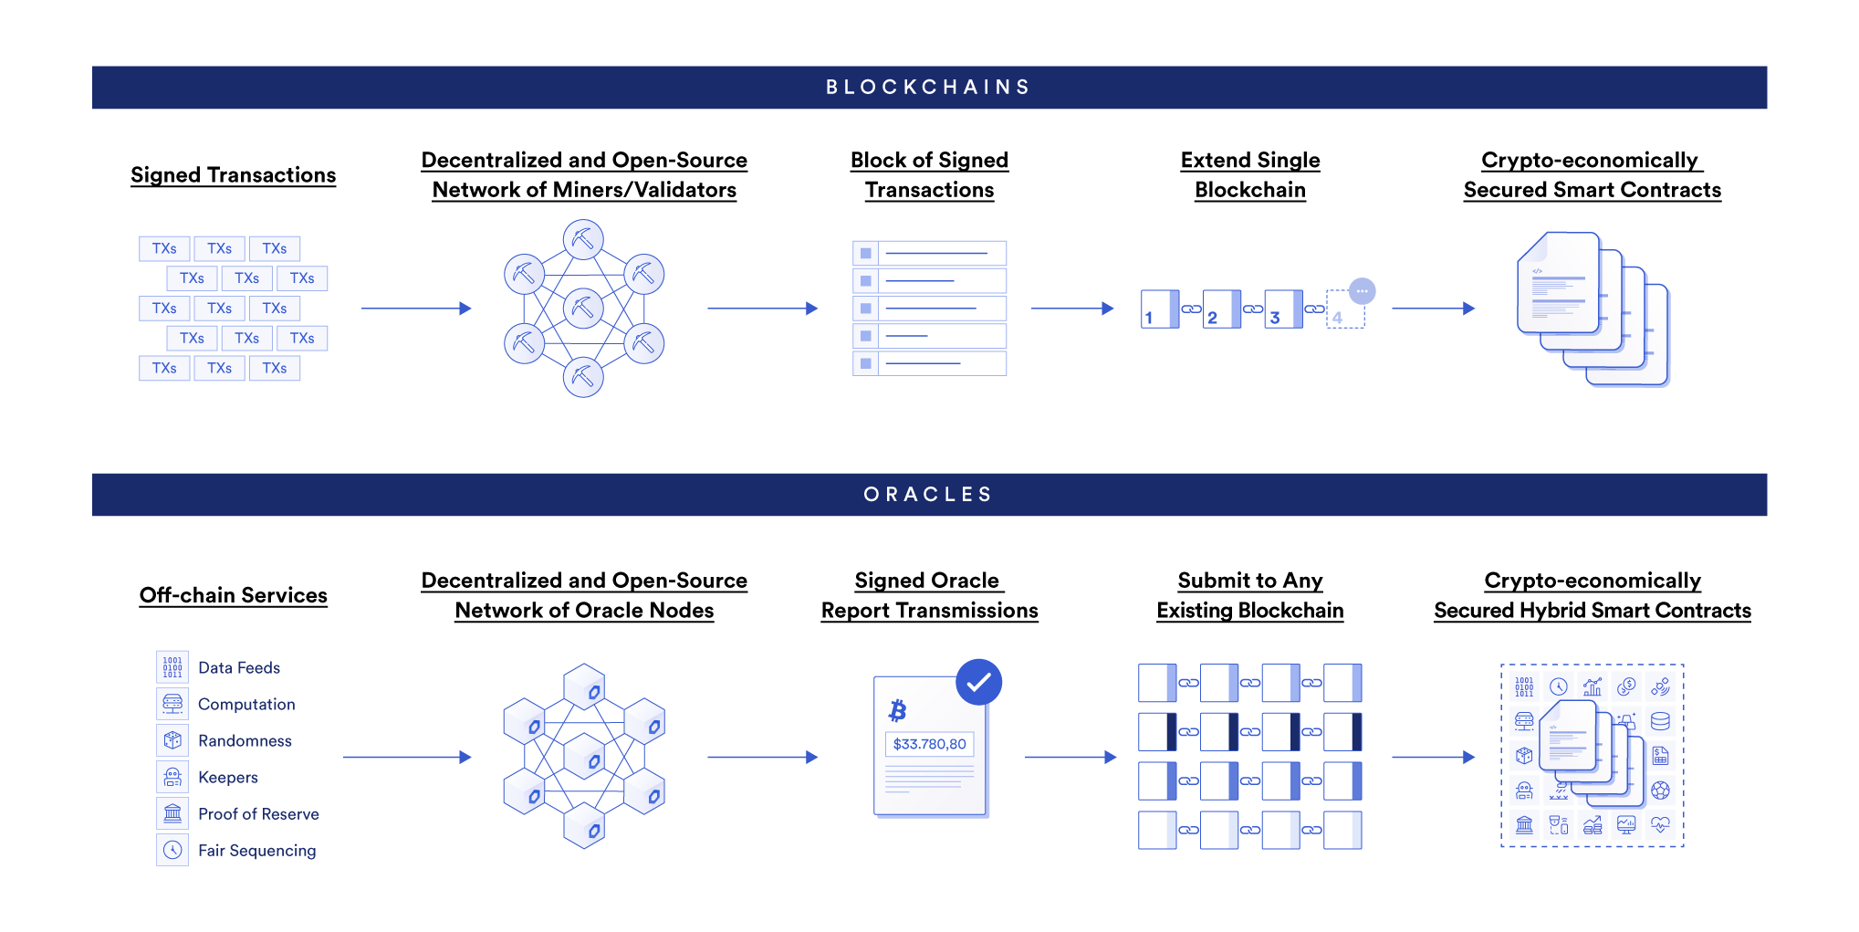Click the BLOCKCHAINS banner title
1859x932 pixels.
tap(928, 88)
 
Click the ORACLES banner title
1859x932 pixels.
tap(928, 495)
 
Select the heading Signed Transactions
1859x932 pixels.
tap(233, 175)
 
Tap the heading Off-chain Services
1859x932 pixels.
tap(233, 595)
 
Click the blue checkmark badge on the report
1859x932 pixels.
tap(978, 682)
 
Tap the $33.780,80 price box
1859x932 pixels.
tap(929, 744)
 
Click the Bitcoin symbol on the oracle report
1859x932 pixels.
tap(898, 710)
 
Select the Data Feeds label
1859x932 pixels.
tap(239, 668)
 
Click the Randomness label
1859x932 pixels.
tap(245, 741)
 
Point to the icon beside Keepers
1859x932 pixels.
tap(172, 777)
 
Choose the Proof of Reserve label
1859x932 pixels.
tap(258, 814)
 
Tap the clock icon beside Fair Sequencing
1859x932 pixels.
tap(172, 850)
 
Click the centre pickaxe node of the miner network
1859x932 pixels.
tap(583, 309)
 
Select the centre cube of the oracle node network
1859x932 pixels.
tap(584, 757)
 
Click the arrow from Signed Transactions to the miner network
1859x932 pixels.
tap(415, 309)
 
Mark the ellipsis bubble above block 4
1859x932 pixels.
tap(1362, 291)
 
